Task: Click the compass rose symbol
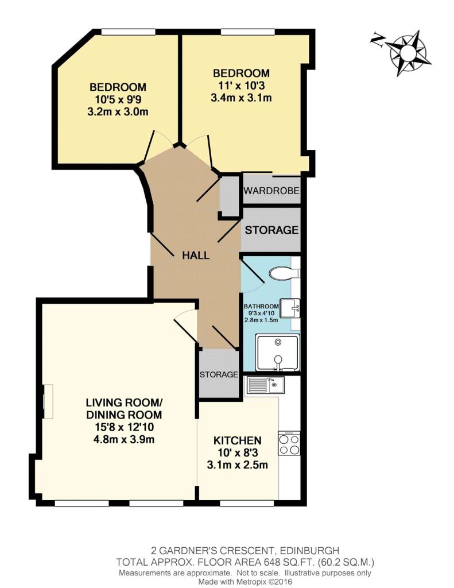[408, 53]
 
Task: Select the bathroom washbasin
[290, 308]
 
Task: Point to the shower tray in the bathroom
[278, 353]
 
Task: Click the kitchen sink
[265, 385]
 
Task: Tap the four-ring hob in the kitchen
[289, 443]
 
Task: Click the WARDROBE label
[271, 191]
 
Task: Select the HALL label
[195, 256]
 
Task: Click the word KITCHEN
[237, 440]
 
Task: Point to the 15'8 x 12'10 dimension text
[124, 427]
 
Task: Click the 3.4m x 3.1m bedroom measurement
[241, 98]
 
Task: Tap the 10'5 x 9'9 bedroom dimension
[118, 99]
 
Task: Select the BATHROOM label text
[261, 307]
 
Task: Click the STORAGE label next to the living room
[219, 374]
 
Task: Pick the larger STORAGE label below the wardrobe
[271, 230]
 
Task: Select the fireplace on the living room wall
[48, 401]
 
